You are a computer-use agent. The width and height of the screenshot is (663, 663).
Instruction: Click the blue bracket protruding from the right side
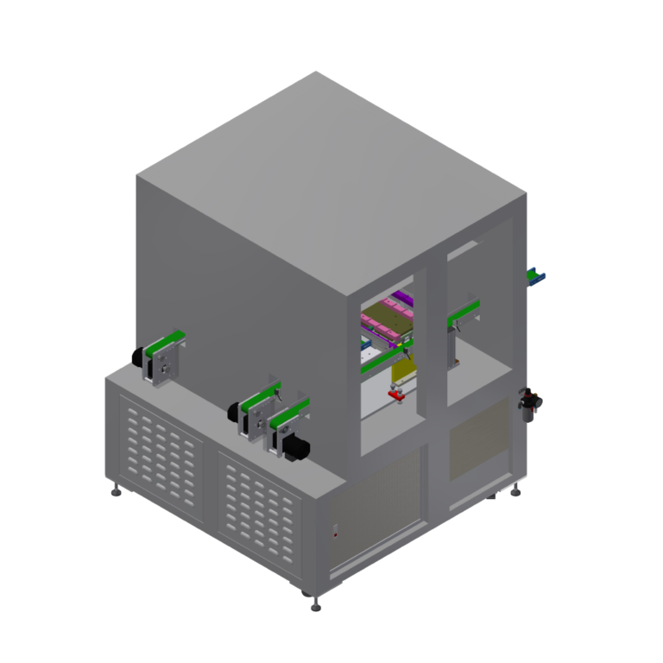point(537,276)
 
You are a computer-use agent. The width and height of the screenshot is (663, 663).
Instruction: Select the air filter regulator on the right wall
point(528,403)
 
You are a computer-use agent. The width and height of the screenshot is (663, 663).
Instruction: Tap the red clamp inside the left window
point(397,395)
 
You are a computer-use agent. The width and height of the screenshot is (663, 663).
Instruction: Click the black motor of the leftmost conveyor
point(138,357)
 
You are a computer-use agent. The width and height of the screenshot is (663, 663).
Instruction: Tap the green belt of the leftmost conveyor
point(164,340)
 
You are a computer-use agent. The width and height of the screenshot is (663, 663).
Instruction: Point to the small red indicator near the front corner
point(336,534)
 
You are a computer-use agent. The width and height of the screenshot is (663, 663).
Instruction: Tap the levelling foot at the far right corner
point(516,491)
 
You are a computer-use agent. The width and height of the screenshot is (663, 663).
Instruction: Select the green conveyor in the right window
point(463,313)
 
